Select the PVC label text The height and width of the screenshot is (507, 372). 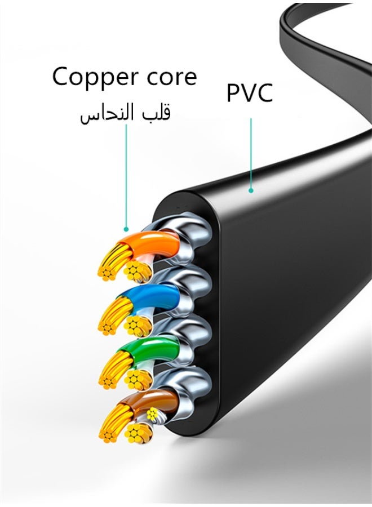coord(250,93)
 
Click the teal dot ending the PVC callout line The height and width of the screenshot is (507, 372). coord(251,190)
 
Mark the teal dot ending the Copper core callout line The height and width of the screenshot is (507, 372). coord(126,229)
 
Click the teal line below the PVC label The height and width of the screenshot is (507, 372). coord(251,152)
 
